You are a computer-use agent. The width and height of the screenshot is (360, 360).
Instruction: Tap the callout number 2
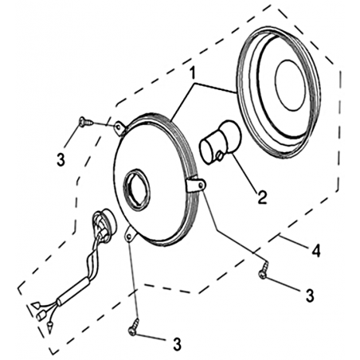(262, 198)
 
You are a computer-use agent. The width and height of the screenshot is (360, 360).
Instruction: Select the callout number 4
(316, 250)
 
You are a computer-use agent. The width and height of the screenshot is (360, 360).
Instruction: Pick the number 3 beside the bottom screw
(177, 344)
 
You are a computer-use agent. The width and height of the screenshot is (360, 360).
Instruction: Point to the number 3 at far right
(310, 295)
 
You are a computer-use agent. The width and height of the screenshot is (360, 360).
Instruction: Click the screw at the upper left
(86, 123)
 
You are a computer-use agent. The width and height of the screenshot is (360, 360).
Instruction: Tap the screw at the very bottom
(134, 327)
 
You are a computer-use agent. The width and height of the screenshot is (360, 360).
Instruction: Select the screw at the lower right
(264, 270)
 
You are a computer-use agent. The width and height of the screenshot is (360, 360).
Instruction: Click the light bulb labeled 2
(221, 142)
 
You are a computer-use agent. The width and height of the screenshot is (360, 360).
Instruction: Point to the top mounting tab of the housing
(120, 128)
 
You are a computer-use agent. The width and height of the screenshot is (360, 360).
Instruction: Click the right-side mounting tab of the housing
(196, 184)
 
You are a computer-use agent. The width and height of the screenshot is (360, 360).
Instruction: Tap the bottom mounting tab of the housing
(130, 234)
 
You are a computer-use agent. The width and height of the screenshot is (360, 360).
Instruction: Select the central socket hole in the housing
(138, 190)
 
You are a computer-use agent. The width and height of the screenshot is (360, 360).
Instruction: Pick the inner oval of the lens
(291, 84)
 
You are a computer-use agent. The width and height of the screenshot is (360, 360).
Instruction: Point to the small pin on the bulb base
(220, 156)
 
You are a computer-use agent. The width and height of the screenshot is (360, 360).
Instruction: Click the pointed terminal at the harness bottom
(49, 327)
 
